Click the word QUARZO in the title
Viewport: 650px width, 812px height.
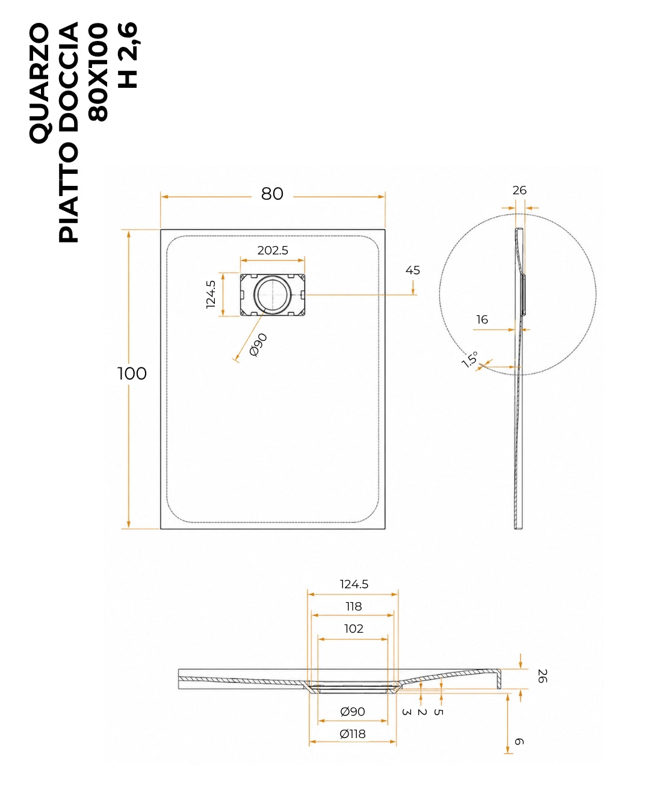click(39, 83)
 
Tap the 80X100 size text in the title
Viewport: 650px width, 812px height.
click(98, 72)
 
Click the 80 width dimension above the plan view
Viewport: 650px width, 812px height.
click(272, 194)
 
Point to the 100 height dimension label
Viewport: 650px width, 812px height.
click(132, 374)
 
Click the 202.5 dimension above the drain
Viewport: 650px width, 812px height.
click(273, 250)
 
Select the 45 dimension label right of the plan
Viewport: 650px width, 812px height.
click(412, 270)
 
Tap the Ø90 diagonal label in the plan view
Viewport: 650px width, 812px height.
click(258, 345)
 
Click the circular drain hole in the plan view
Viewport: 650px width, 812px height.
click(273, 294)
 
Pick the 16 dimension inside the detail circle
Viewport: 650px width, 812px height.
click(482, 319)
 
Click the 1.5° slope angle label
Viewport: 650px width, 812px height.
click(470, 359)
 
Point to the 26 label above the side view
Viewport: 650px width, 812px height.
click(519, 190)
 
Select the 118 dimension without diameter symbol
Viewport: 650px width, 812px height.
click(353, 606)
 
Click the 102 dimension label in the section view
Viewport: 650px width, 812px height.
click(353, 629)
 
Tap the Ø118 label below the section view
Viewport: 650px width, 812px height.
click(352, 734)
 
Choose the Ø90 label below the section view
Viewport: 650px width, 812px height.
click(352, 712)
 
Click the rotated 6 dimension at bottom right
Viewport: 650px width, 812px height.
click(519, 742)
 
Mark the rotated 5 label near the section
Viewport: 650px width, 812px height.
click(438, 712)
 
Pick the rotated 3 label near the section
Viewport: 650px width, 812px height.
click(406, 712)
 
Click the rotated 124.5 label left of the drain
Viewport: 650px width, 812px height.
click(211, 294)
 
